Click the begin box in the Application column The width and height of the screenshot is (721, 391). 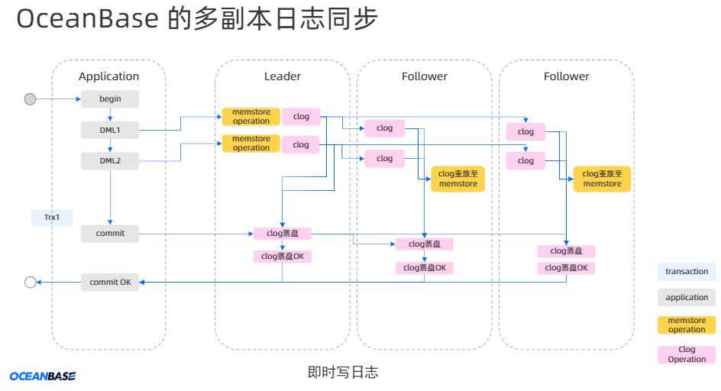(110, 99)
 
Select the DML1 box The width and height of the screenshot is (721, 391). (110, 130)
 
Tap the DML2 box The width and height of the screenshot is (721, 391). (110, 160)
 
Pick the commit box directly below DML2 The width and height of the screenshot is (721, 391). (110, 233)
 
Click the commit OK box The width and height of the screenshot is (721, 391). (110, 282)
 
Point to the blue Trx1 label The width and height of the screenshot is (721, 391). (52, 218)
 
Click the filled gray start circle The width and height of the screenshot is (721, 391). (31, 99)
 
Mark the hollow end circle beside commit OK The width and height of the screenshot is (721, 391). (31, 282)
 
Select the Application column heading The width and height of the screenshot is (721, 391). (109, 76)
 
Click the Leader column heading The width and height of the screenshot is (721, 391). (283, 76)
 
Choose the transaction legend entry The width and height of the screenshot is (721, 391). (687, 271)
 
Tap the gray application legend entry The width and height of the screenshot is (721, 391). (687, 297)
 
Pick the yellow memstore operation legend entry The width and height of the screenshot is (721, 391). (687, 325)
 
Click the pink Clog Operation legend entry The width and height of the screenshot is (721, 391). (687, 354)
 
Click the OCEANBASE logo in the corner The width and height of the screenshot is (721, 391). (43, 376)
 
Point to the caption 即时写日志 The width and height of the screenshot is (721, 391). (343, 373)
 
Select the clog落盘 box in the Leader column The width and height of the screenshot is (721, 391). (282, 233)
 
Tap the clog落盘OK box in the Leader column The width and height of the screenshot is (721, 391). (282, 256)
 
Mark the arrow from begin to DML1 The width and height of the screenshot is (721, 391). (110, 115)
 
